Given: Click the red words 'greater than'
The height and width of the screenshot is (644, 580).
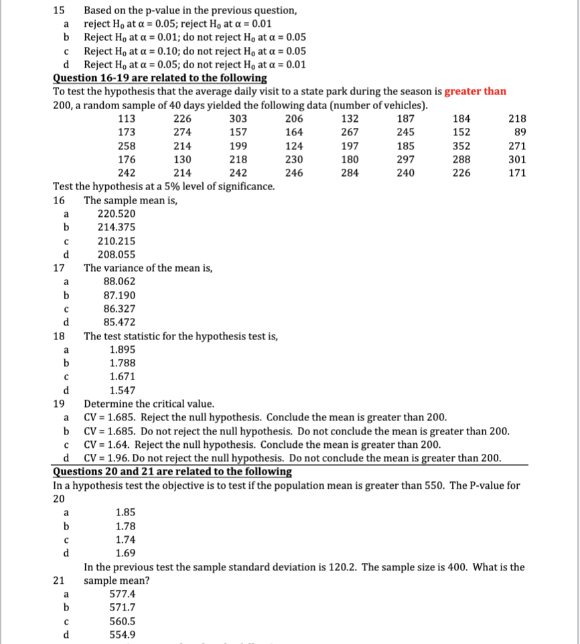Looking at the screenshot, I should (475, 92).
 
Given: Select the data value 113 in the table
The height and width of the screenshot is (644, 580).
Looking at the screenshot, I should (127, 118).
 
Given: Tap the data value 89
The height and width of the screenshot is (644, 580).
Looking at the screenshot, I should (519, 132).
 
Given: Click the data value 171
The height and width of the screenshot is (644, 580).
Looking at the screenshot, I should (516, 173).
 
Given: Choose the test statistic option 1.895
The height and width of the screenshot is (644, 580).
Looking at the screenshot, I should (123, 349).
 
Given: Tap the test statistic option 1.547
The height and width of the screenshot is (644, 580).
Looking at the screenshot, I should (123, 390).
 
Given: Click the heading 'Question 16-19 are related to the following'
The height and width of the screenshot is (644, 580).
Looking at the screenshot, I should (159, 78).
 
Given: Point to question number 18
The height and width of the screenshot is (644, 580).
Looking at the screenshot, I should (58, 336).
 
